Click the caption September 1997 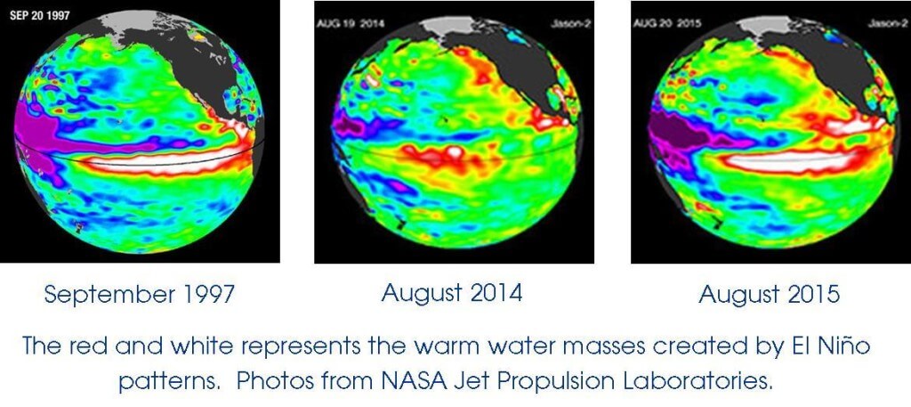[139, 295]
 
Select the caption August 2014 [452, 293]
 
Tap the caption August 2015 [769, 294]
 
